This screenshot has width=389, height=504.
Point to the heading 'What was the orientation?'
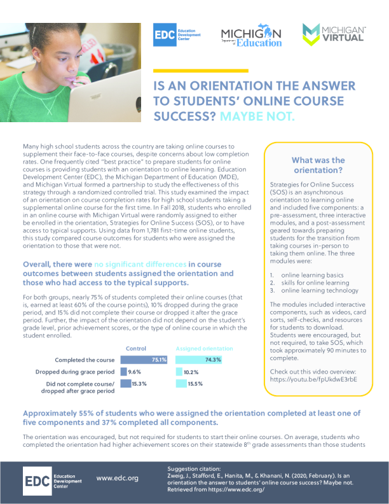[318, 165]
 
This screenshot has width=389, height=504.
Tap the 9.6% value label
[134, 372]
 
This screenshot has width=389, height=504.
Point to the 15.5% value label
[195, 384]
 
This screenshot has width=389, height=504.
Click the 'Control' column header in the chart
[136, 349]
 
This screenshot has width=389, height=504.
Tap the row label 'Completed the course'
[85, 360]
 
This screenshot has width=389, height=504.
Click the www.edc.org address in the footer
[117, 478]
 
